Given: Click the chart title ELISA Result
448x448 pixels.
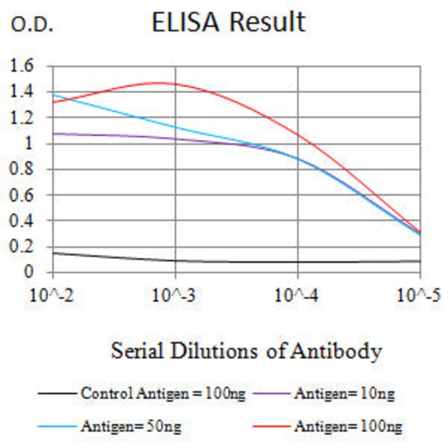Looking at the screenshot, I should tap(228, 23).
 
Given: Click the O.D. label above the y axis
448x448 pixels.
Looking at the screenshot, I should tap(31, 26).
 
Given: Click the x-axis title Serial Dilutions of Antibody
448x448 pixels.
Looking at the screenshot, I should tap(246, 352).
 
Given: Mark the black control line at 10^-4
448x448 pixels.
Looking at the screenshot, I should tap(297, 262).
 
